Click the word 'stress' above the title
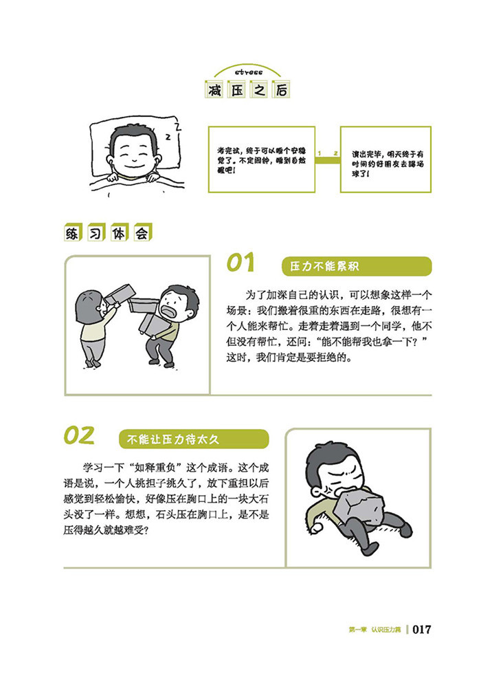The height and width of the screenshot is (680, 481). [x=248, y=72]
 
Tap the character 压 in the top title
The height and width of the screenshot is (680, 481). [x=236, y=90]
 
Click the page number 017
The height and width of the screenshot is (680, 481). [x=422, y=629]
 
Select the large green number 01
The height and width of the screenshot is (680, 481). [x=240, y=263]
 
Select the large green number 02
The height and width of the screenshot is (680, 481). [x=79, y=435]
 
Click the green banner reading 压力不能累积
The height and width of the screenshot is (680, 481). [x=357, y=266]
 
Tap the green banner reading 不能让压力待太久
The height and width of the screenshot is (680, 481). [x=194, y=439]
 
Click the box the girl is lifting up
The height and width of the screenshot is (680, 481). [x=118, y=294]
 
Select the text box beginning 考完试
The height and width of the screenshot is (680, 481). [x=262, y=159]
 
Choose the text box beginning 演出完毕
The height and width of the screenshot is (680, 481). [x=385, y=159]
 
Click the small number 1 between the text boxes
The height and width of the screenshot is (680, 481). [x=320, y=153]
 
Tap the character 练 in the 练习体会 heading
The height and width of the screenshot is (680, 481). [x=72, y=233]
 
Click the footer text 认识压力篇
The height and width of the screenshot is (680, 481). [x=386, y=630]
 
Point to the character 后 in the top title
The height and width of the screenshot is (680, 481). [x=281, y=90]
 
